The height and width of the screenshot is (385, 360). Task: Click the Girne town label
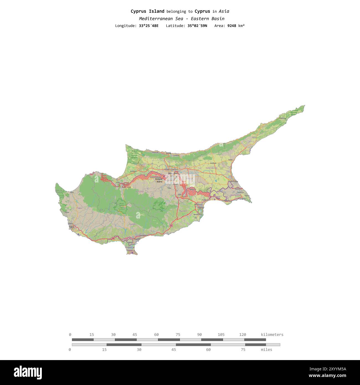168,153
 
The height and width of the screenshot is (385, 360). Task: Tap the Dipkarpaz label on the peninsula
282,118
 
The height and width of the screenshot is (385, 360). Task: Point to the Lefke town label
118,182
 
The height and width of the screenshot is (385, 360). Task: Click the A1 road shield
171,225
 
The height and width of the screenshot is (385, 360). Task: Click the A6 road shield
113,238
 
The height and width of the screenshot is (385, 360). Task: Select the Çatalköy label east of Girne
176,155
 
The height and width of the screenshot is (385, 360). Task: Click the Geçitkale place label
213,163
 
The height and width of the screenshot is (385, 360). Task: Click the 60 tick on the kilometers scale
156,335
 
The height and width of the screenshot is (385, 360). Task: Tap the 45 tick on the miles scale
174,350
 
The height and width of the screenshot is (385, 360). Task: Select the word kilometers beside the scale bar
272,335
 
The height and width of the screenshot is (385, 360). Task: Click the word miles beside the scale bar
266,350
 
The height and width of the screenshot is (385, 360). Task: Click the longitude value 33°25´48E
149,26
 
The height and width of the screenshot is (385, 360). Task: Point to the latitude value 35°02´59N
197,26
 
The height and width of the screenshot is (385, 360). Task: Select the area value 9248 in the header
232,26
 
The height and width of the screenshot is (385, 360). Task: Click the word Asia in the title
224,11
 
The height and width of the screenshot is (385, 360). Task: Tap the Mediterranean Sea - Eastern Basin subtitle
182,19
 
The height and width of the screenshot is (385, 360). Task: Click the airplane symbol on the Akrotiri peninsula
133,252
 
